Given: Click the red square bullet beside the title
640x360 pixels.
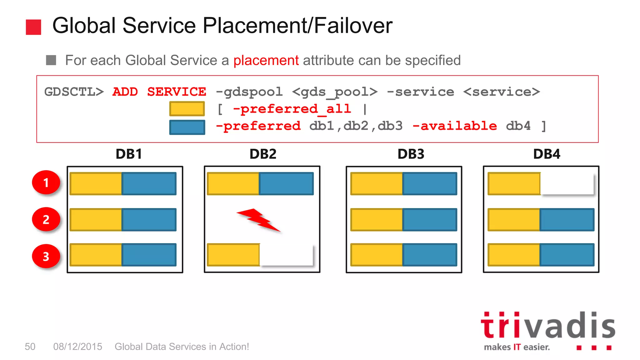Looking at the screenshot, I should point(33,27).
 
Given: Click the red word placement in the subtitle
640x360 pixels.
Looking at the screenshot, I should point(266,60).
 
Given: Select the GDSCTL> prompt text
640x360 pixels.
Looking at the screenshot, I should point(74,92).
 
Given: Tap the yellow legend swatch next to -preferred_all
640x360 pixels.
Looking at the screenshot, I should point(187,109).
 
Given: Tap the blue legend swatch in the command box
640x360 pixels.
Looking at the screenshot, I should point(187,127).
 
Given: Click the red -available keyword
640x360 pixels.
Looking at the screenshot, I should point(455,126).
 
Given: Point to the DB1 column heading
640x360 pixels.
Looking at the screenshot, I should point(129,154).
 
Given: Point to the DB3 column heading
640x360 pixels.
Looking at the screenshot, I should point(411,154).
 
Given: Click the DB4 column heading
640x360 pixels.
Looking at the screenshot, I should point(547,154).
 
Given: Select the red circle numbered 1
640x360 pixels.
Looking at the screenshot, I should point(46,182).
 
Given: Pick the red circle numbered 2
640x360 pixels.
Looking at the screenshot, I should point(46,219).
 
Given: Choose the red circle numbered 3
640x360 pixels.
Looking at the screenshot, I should point(46,256).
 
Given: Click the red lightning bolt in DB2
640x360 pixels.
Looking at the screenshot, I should point(259,220).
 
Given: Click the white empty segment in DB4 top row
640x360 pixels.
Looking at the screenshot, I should point(567,183).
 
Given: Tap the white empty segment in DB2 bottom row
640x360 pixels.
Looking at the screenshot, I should point(286,255).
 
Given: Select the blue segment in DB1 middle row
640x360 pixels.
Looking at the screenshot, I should point(149,220).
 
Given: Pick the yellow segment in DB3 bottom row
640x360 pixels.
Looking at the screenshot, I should point(377,255).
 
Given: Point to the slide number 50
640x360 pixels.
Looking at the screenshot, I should point(30,347).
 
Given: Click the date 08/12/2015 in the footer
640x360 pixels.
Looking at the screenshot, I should point(77,347).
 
